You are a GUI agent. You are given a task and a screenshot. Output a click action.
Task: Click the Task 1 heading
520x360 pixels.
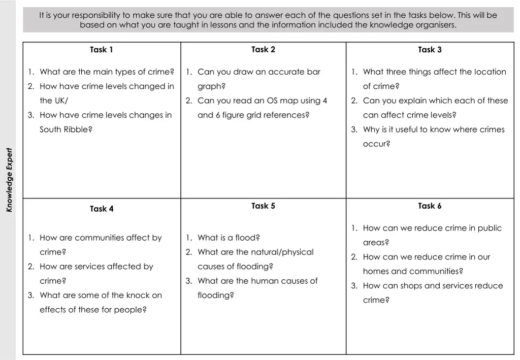[101, 50]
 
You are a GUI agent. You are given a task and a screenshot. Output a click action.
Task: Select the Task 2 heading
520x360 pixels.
[263, 49]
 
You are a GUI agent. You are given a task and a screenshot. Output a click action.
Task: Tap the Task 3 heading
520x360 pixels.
[430, 50]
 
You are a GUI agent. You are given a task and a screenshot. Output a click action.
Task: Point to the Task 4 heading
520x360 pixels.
[102, 209]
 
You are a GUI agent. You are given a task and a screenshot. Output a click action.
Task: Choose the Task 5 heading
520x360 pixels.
[263, 206]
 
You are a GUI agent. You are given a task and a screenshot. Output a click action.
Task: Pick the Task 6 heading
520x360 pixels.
[430, 206]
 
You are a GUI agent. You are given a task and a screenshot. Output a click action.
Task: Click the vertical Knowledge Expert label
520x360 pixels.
[9, 180]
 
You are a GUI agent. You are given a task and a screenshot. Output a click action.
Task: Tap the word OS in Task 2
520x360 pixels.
[273, 101]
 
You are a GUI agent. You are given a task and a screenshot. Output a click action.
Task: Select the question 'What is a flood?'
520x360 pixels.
[229, 238]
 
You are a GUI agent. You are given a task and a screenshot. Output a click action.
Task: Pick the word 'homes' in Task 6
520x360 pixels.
[377, 272]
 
